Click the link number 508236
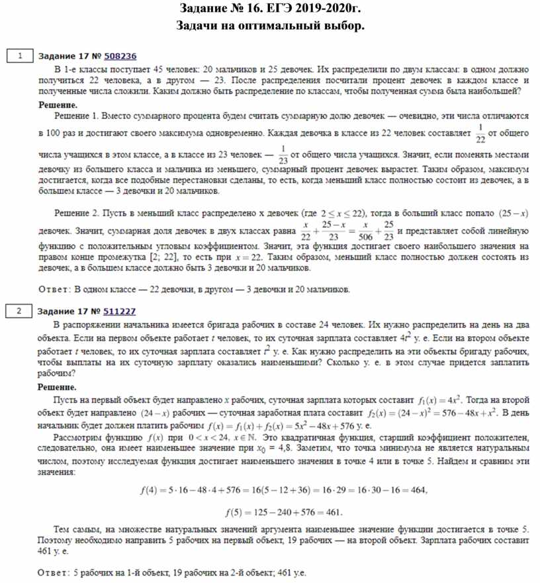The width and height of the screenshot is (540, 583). click(120, 57)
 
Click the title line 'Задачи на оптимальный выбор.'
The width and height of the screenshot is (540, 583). click(270, 26)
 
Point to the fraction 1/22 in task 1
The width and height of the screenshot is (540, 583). click(480, 133)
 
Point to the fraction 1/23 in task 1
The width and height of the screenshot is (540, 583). click(283, 157)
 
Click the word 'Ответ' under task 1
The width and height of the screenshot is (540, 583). click(56, 289)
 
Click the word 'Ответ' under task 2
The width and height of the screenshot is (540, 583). click(56, 572)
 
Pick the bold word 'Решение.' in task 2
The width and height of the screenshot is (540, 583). click(57, 387)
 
